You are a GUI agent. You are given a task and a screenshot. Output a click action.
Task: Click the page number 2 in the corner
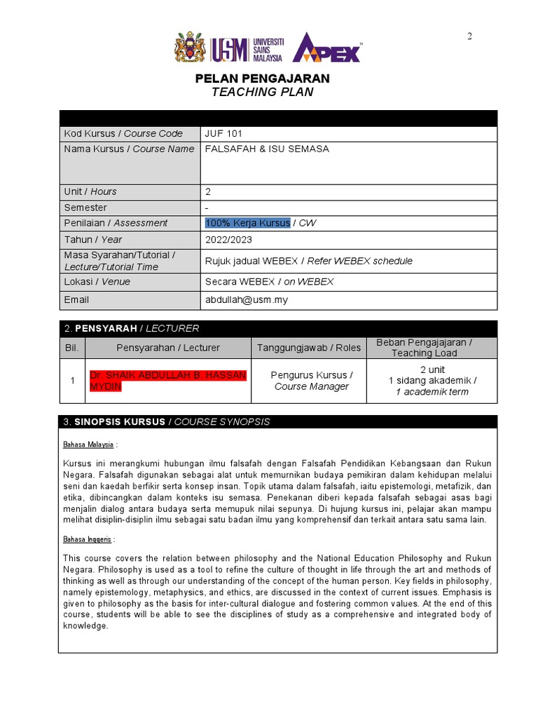click(x=470, y=36)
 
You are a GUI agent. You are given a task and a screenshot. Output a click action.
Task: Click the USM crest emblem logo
click(x=191, y=48)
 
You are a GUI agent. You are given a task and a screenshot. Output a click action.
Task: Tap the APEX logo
click(x=326, y=48)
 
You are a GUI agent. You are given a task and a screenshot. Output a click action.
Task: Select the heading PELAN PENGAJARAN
click(x=262, y=79)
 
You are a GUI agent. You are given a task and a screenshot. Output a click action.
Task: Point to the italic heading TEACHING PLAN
click(x=262, y=93)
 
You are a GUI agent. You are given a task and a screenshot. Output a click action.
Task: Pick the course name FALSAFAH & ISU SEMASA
click(x=267, y=149)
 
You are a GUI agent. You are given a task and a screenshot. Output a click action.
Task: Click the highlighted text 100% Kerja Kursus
click(x=247, y=223)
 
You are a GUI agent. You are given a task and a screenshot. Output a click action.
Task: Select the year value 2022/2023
click(x=228, y=240)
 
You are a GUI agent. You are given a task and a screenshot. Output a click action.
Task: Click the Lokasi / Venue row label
click(x=97, y=282)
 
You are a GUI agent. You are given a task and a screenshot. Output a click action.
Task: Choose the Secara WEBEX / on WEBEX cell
click(x=269, y=282)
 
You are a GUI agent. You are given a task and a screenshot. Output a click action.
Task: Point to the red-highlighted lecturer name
click(x=167, y=381)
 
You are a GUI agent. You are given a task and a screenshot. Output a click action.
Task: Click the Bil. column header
click(x=72, y=348)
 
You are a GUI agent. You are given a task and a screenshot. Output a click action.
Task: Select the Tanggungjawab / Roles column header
click(x=309, y=348)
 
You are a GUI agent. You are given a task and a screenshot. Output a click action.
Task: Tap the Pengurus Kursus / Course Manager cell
click(x=311, y=381)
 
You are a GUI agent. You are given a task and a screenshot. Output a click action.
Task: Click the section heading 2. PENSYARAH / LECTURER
click(x=132, y=328)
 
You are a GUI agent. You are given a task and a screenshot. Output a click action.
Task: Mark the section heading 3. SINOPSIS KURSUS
click(x=167, y=422)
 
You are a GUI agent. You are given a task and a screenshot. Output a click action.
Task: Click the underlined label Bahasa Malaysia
click(x=88, y=445)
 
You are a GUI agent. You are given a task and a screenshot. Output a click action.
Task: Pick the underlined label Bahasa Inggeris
click(x=87, y=539)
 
